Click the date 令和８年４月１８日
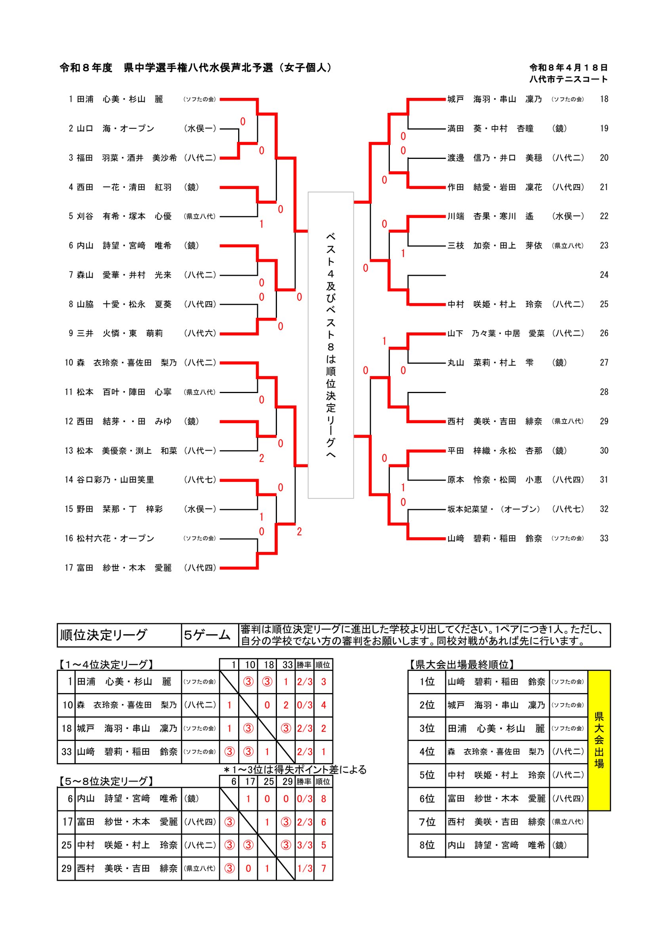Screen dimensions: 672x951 click(568, 67)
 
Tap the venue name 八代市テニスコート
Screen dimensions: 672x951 click(568, 79)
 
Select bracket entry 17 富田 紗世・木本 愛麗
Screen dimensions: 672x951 click(140, 567)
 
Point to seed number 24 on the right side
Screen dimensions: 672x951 click(604, 275)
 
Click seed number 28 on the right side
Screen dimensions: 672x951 click(604, 392)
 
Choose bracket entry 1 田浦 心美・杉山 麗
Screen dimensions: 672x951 click(142, 99)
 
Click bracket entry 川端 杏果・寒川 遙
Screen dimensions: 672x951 click(515, 216)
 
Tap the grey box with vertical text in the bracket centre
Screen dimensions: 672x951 click(330, 345)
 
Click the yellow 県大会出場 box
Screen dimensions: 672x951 click(599, 740)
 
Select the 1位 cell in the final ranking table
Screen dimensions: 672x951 click(426, 682)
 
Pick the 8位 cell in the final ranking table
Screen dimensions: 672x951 click(426, 845)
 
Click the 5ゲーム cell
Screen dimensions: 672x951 click(210, 635)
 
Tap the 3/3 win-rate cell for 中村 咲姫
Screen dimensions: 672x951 click(304, 845)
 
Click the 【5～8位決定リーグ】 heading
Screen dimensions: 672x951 click(106, 781)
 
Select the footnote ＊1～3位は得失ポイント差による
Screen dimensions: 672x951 click(295, 770)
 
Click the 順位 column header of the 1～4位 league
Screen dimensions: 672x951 click(323, 665)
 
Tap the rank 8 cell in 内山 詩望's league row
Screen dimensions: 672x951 click(323, 798)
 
